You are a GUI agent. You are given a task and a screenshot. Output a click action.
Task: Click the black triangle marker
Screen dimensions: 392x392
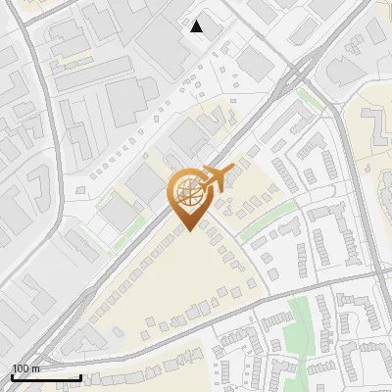tap(197, 25)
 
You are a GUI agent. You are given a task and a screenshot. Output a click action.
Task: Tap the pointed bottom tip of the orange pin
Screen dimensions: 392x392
tap(188, 230)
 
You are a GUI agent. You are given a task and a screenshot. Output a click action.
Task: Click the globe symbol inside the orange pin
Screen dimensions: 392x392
tap(187, 189)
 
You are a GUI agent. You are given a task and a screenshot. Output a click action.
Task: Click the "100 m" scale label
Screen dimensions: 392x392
tap(25, 368)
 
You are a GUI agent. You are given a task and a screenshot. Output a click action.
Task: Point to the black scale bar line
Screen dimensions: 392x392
tap(46, 377)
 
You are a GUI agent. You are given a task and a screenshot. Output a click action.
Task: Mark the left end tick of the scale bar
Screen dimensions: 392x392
tap(12, 375)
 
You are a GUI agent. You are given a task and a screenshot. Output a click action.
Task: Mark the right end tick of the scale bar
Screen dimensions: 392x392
tap(80, 375)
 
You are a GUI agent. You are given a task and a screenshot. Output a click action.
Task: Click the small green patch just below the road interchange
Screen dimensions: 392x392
tap(312, 98)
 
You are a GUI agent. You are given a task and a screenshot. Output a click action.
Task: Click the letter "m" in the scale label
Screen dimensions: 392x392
tap(35, 368)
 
